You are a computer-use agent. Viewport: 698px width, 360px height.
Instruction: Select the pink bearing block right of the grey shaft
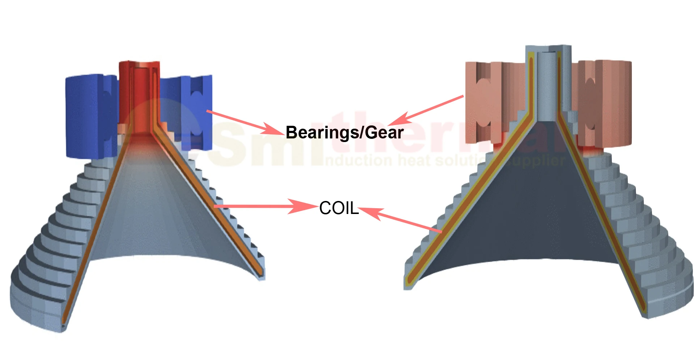(604, 101)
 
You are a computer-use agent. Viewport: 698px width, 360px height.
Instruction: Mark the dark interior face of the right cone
(524, 210)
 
